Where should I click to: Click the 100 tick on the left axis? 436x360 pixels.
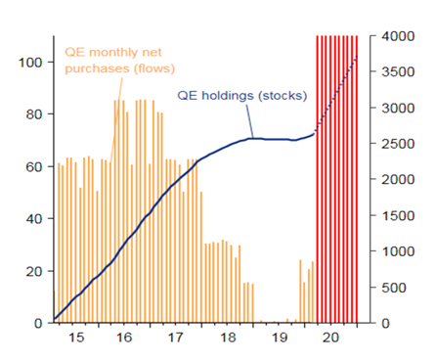28,63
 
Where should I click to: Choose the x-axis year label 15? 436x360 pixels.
76,337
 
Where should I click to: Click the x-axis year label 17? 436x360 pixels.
176,337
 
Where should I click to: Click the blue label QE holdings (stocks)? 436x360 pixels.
241,96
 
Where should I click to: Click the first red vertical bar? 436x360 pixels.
317,176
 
